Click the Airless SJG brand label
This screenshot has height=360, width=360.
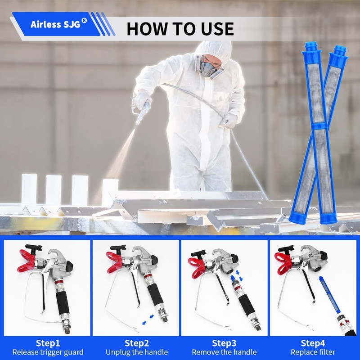coord(55,24)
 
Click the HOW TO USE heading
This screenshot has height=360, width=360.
coord(180,28)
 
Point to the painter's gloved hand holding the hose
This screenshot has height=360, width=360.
coord(230,120)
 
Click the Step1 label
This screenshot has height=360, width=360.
coord(48,343)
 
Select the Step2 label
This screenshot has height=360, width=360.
coord(136,343)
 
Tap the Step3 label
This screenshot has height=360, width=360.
coord(224,343)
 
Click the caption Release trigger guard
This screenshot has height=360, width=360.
coord(48,352)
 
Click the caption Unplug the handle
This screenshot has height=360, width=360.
coord(136,352)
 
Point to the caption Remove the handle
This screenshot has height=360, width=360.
coord(224,352)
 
